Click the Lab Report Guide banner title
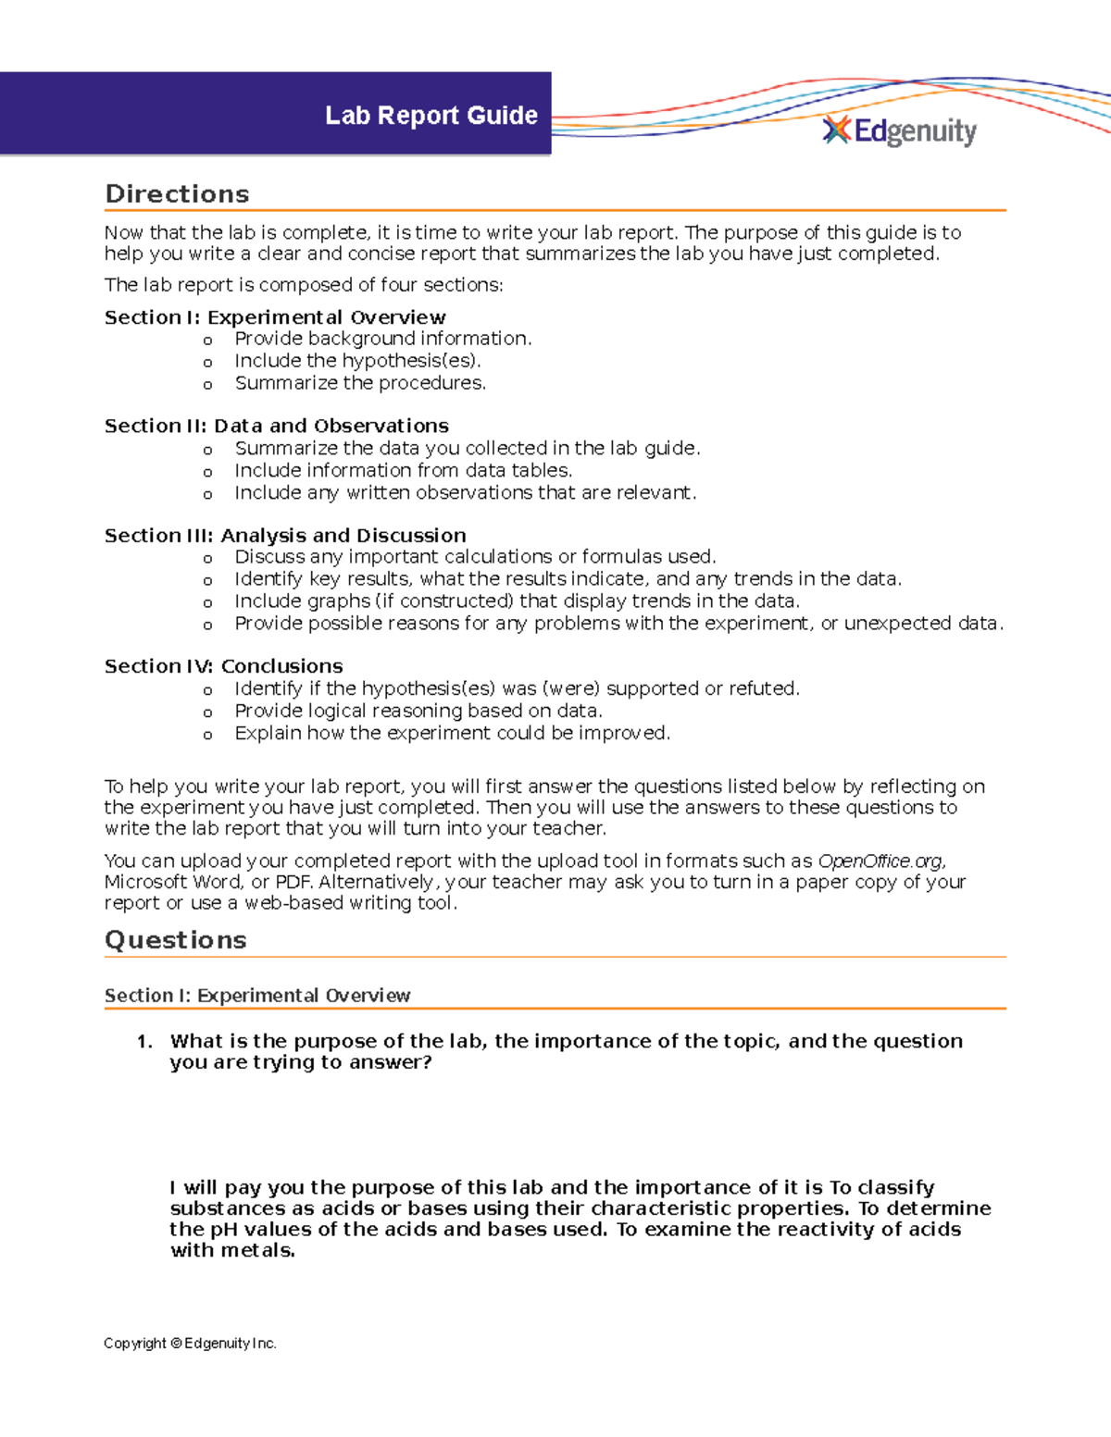(431, 116)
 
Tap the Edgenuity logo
(899, 131)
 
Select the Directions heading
(177, 194)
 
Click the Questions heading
(175, 940)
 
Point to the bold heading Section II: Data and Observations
(276, 426)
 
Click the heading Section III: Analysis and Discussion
(285, 536)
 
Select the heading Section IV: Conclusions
(223, 666)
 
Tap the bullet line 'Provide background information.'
(382, 339)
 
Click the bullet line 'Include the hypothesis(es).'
(357, 361)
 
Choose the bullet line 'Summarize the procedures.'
(359, 383)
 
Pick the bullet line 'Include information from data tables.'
(403, 470)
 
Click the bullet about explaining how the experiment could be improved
(452, 733)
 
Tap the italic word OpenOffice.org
(881, 861)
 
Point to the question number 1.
(144, 1042)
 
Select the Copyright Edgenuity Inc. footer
(190, 1344)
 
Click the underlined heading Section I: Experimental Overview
(256, 996)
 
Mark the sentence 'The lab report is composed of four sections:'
(304, 285)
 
